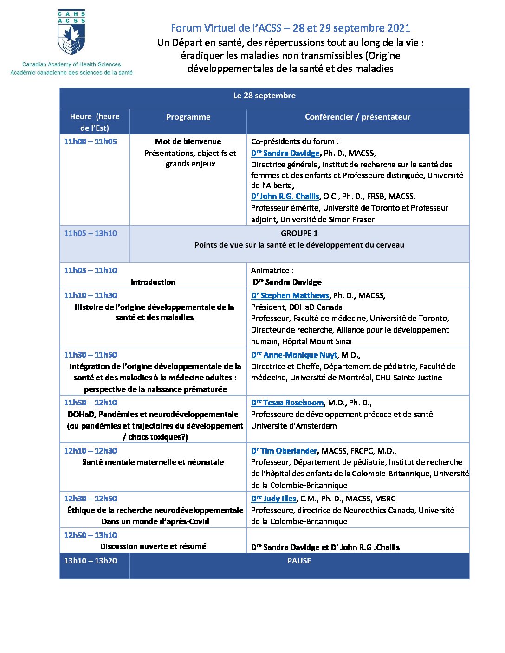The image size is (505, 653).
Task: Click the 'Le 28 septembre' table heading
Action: tap(264, 96)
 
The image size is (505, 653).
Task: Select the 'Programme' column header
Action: tap(188, 117)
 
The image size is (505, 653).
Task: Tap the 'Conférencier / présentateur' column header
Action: tap(357, 117)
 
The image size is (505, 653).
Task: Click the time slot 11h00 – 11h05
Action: tap(91, 142)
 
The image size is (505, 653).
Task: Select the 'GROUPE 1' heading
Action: tap(299, 234)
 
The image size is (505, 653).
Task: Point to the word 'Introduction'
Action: tap(153, 282)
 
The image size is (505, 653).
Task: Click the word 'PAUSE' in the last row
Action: tap(299, 561)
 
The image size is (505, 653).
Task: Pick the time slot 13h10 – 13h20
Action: tap(91, 561)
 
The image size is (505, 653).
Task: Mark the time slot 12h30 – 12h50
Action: tap(91, 499)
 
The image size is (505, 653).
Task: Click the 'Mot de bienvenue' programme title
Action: tap(188, 142)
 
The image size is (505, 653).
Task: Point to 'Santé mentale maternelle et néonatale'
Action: tap(153, 462)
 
